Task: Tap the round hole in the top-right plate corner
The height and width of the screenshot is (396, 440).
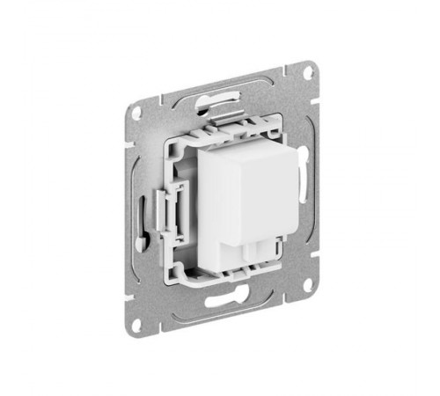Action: click(308, 74)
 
